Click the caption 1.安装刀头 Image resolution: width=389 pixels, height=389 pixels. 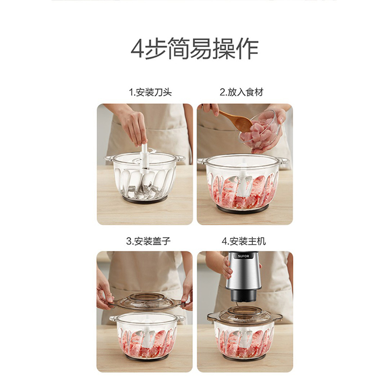(x=150, y=92)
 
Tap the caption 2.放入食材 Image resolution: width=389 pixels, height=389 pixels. (x=242, y=92)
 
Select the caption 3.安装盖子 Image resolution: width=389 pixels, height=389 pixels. (x=149, y=241)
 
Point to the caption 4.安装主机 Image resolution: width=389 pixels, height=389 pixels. (x=244, y=241)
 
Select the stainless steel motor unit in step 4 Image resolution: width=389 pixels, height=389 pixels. (x=244, y=272)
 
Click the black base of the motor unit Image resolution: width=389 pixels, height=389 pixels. (x=244, y=296)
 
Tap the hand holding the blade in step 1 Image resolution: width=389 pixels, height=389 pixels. (x=132, y=126)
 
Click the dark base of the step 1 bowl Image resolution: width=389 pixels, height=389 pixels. (x=144, y=199)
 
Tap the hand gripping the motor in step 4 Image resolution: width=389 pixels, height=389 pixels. (x=227, y=268)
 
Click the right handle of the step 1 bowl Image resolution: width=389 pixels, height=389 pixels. (x=180, y=158)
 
